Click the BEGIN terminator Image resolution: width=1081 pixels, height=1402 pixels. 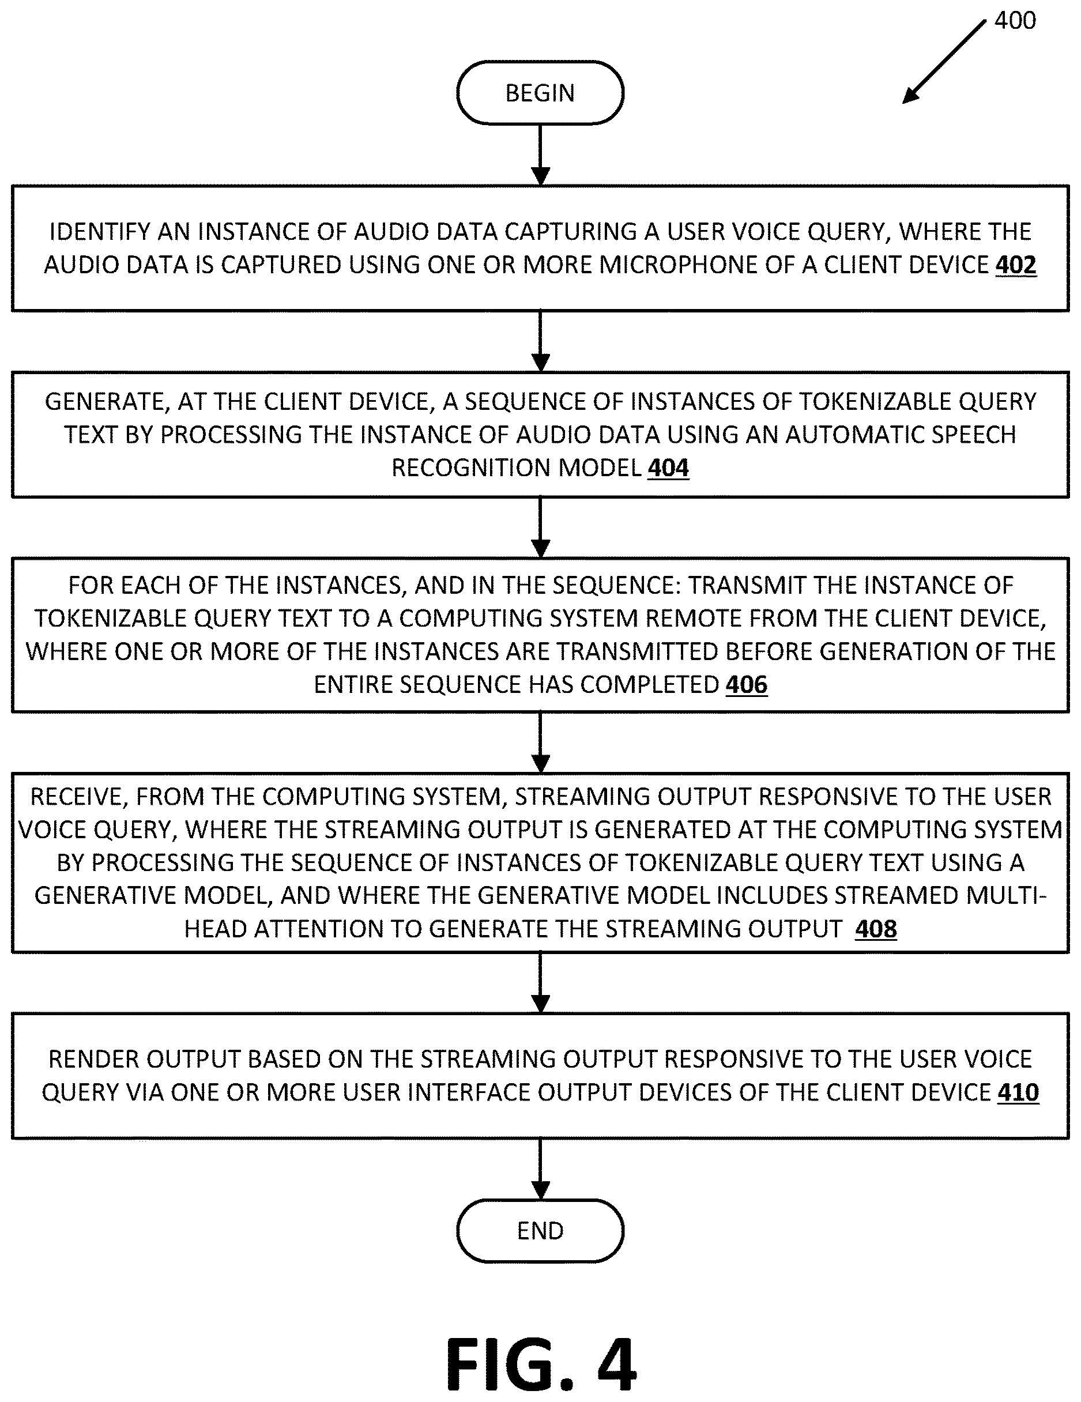tap(540, 93)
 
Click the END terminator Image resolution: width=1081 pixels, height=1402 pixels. tap(540, 1231)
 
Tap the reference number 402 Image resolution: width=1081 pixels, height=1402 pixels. tap(1015, 265)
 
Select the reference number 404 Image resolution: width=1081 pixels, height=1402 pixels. tap(668, 468)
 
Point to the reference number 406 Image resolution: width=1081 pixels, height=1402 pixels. tap(747, 685)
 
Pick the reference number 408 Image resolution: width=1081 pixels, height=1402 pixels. tap(876, 929)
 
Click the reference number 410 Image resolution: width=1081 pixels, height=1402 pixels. tap(1018, 1092)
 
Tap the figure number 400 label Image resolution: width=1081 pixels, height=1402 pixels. tap(1015, 21)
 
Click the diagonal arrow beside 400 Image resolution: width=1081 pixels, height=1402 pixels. tap(944, 62)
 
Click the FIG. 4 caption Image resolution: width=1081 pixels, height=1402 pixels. tap(541, 1362)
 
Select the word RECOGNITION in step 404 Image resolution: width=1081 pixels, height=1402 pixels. tap(472, 468)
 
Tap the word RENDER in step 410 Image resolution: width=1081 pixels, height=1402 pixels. tap(96, 1059)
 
